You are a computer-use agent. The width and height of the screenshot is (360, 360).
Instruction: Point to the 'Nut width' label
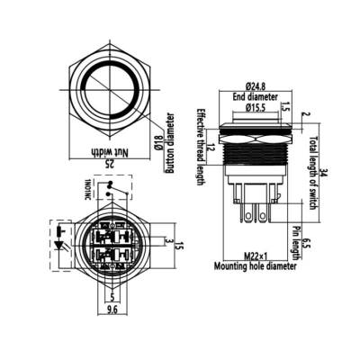click(x=109, y=153)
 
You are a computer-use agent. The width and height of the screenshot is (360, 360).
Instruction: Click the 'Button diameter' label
click(x=168, y=142)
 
